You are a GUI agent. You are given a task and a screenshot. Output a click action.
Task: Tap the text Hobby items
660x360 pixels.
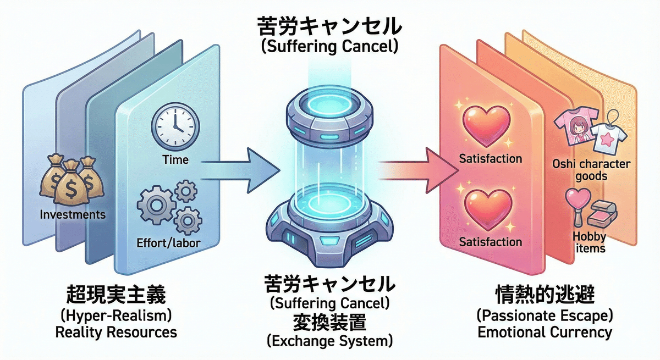[590, 243]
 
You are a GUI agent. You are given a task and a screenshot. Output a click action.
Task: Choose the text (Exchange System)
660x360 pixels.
[329, 341]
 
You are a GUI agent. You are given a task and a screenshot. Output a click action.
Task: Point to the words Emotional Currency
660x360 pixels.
[544, 332]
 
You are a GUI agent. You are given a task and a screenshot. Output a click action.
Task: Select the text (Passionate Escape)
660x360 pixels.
[544, 315]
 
